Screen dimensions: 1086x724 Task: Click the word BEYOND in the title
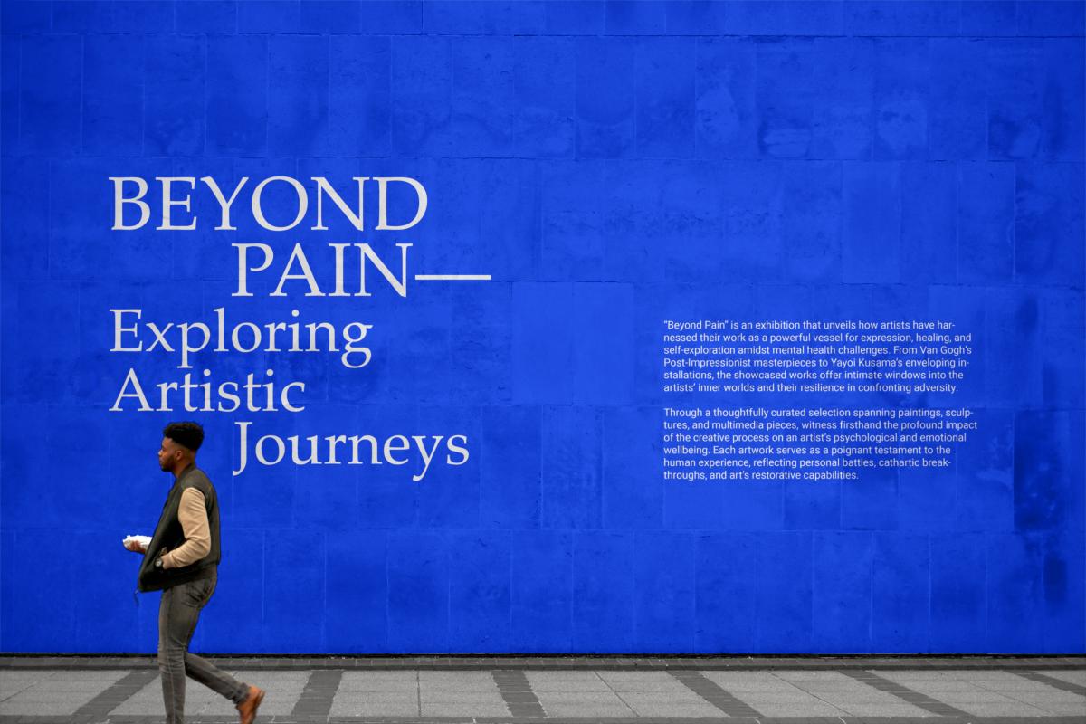pos(269,204)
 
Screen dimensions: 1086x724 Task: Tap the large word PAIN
pos(320,270)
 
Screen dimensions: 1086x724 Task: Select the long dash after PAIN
pos(453,277)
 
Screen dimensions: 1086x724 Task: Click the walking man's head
pos(179,446)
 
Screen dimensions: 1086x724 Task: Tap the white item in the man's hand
pos(137,541)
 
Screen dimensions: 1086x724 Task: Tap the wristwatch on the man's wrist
pos(158,564)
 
